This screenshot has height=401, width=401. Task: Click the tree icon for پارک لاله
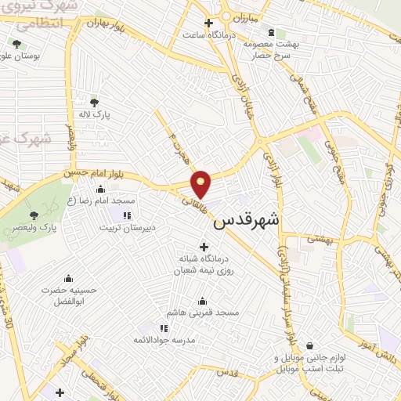pyautogui.click(x=95, y=103)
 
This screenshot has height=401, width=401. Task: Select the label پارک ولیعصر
pyautogui.click(x=32, y=229)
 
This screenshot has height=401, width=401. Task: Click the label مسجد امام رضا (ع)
pyautogui.click(x=97, y=201)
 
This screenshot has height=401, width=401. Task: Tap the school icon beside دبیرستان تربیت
pyautogui.click(x=126, y=215)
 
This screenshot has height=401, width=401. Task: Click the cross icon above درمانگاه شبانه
pyautogui.click(x=204, y=247)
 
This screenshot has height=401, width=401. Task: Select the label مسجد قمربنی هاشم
pyautogui.click(x=207, y=313)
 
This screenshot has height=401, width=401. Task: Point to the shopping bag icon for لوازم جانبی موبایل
pyautogui.click(x=311, y=345)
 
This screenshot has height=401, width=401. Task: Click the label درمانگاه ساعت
pyautogui.click(x=205, y=35)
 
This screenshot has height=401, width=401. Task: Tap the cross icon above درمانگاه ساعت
pyautogui.click(x=208, y=23)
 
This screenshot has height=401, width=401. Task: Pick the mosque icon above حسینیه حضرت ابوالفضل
pyautogui.click(x=68, y=278)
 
